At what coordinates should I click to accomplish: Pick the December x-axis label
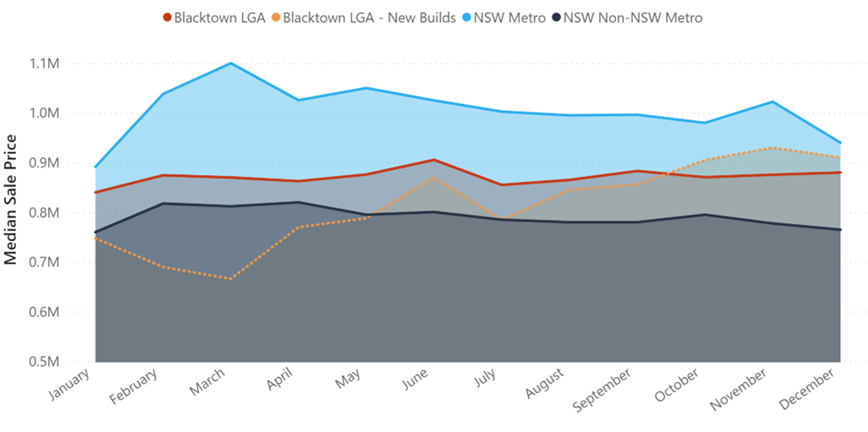[813, 390]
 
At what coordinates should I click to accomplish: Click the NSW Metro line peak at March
[231, 63]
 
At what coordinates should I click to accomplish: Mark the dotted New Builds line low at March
[231, 278]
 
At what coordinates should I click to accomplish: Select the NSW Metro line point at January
[96, 167]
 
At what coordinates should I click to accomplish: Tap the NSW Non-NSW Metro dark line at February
[163, 203]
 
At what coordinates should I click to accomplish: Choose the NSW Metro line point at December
[840, 143]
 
